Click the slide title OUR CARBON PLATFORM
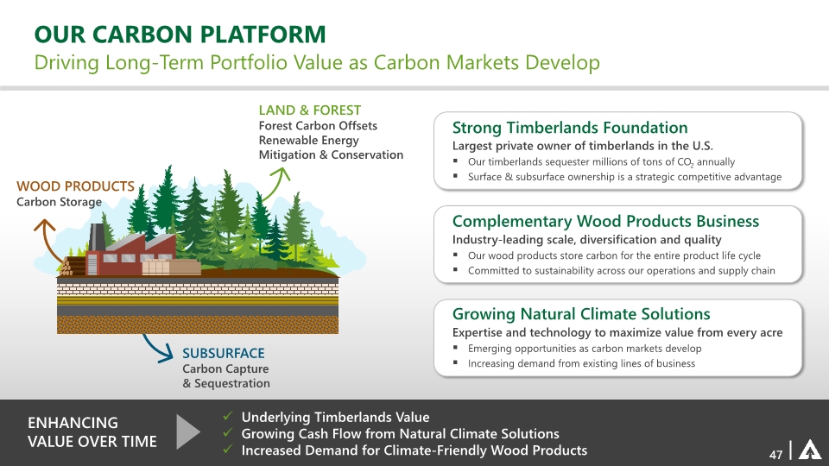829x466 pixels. (180, 35)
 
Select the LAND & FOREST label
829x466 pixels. (310, 110)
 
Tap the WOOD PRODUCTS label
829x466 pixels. (76, 186)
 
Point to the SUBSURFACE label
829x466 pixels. (224, 353)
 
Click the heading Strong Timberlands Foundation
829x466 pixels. (570, 128)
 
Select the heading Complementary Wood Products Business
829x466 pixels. (605, 222)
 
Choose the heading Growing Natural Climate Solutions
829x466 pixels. (581, 314)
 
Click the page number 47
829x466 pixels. (775, 455)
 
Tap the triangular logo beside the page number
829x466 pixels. (809, 450)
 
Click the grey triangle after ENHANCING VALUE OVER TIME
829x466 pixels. (187, 431)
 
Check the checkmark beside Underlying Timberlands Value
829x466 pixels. (228, 416)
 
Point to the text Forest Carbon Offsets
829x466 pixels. (318, 126)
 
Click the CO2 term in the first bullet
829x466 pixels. (685, 162)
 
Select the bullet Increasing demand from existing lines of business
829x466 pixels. (581, 363)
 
